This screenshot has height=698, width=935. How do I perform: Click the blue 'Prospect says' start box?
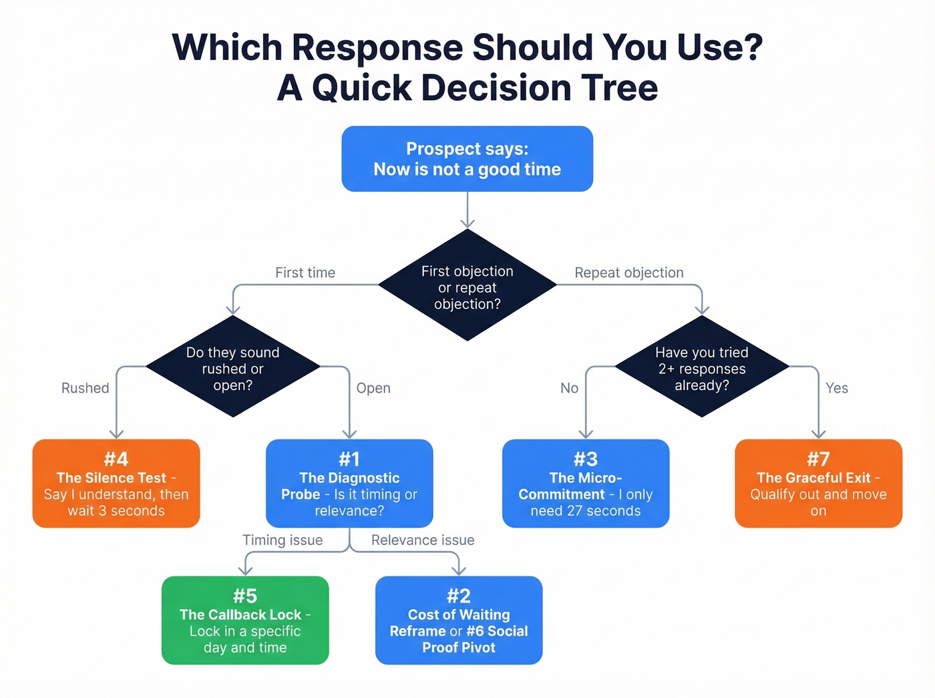(467, 159)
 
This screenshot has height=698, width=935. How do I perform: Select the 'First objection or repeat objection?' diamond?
(467, 286)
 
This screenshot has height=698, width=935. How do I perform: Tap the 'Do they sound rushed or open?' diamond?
(232, 367)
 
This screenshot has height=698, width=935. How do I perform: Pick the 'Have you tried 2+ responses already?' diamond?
(701, 367)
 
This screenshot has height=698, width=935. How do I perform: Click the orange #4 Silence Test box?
(116, 484)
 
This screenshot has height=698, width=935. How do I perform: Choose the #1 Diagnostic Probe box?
(349, 484)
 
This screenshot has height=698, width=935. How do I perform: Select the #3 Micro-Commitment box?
(585, 484)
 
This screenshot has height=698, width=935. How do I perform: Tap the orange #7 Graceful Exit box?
(818, 484)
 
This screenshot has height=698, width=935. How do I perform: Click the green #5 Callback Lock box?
(245, 621)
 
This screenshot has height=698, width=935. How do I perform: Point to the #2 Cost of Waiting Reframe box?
(459, 621)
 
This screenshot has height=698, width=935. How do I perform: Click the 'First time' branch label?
(305, 273)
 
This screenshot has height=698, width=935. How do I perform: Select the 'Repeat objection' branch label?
(629, 273)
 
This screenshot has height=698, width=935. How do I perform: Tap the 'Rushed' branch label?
(85, 388)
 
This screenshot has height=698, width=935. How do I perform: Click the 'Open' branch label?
(373, 388)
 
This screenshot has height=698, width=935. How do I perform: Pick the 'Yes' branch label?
(836, 388)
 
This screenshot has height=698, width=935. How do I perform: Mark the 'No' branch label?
(569, 388)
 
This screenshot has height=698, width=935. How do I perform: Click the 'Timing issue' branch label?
(283, 540)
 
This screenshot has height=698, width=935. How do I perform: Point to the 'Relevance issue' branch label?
(423, 540)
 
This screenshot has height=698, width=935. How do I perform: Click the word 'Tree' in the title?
(619, 88)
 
